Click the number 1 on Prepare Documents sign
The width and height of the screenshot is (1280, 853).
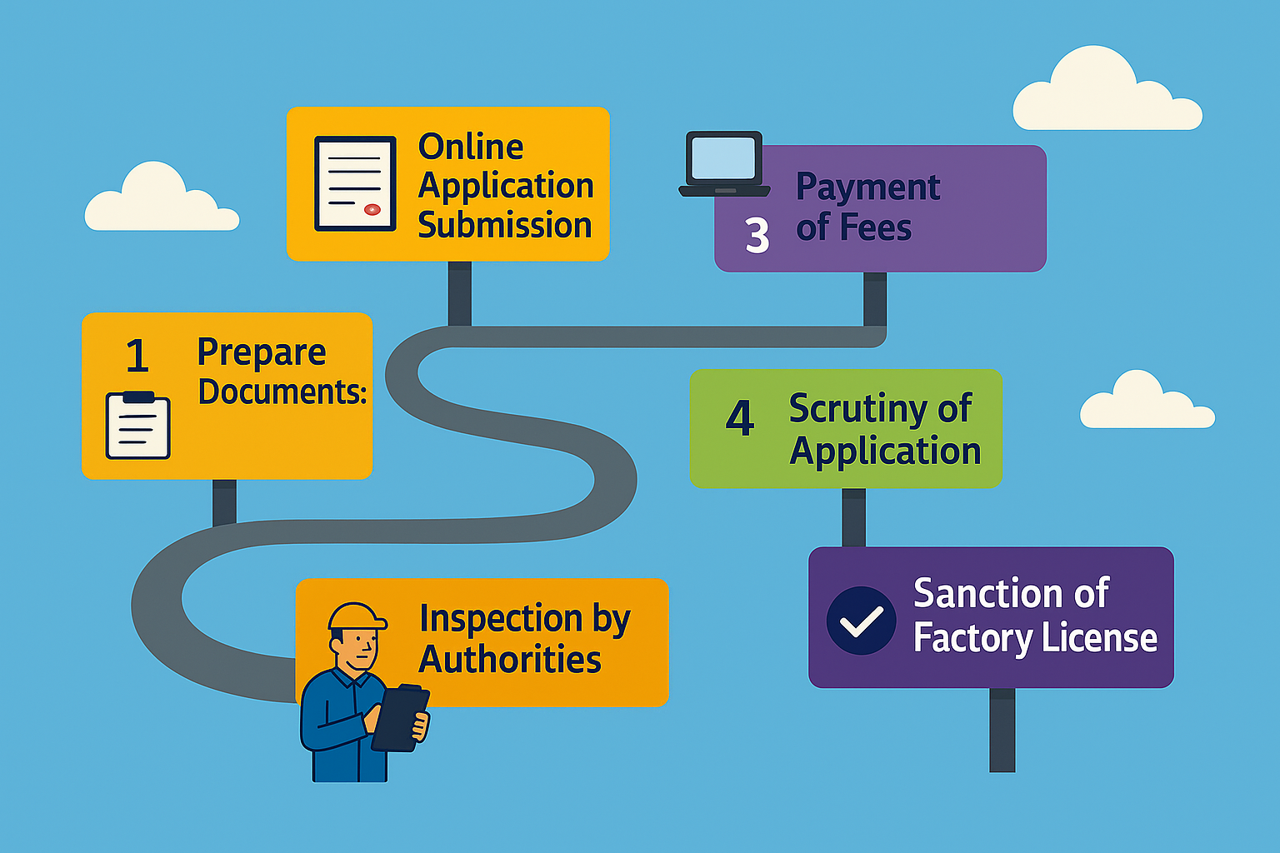tap(137, 357)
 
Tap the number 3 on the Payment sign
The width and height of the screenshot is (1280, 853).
tap(757, 236)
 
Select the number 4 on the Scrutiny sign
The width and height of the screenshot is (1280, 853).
tap(740, 418)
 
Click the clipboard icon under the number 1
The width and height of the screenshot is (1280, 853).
tap(138, 426)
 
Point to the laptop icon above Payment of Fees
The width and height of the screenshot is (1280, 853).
tap(723, 163)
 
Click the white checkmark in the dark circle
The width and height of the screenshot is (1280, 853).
tap(861, 621)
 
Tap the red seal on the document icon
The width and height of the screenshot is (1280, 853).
tap(372, 209)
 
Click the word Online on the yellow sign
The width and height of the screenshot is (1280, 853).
tap(471, 147)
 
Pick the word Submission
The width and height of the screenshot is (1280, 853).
tap(505, 226)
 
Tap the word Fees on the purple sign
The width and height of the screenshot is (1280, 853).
tap(875, 227)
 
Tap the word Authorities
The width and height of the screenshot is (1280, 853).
tap(510, 660)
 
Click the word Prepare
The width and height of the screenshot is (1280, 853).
tap(261, 353)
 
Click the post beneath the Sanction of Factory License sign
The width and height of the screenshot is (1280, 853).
tap(1002, 730)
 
